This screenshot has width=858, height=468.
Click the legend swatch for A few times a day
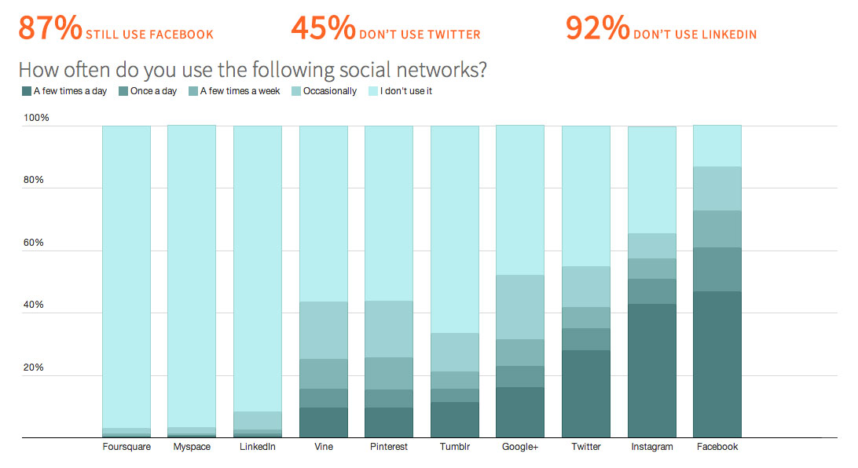[27, 91]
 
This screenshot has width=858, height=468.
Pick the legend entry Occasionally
[329, 91]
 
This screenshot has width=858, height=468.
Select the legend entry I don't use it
[405, 91]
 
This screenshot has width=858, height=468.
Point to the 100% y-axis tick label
[37, 118]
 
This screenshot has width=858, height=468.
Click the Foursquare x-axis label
[126, 447]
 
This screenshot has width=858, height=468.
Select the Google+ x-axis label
[519, 447]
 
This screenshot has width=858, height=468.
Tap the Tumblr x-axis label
[454, 447]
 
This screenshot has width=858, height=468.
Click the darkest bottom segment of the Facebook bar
[717, 364]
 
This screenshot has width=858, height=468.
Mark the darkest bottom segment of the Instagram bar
[651, 371]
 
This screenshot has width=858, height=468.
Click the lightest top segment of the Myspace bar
[192, 275]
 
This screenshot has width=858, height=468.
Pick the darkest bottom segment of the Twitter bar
[585, 393]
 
